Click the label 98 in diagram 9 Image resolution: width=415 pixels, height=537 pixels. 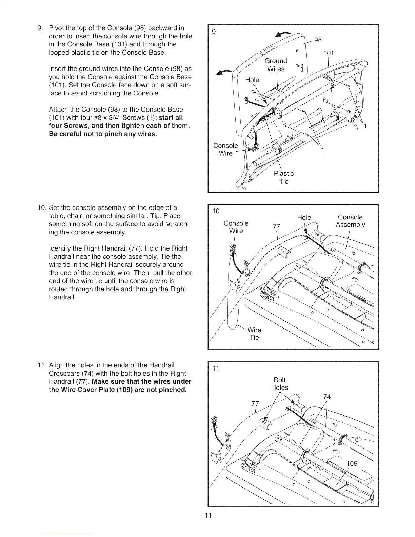pos(318,40)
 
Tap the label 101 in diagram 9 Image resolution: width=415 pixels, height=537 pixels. pos(329,53)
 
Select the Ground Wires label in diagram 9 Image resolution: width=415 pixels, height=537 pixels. pos(276,65)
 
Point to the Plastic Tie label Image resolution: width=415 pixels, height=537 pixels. pos(283,177)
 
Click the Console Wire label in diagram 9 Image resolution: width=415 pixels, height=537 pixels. pos(225,149)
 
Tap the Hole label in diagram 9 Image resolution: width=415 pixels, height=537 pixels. pos(252,80)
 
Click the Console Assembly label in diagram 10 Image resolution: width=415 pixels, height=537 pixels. pos(350,221)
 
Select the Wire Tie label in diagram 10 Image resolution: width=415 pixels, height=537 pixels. pos(254,334)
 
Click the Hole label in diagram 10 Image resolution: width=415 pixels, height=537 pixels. pos(304,217)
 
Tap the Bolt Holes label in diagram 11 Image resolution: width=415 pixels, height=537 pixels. pos(280,383)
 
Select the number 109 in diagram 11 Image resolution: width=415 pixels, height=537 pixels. pos(352,463)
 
